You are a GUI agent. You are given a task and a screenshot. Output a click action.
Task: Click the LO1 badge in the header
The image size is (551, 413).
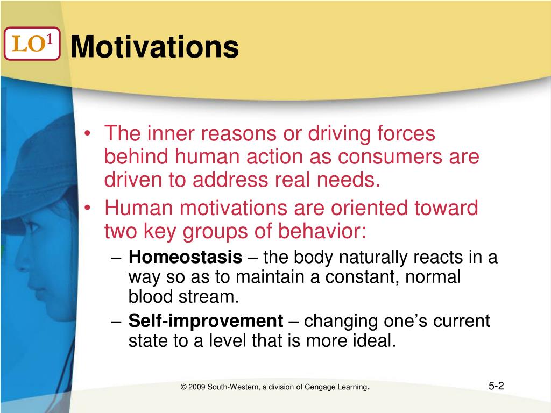pyautogui.click(x=32, y=44)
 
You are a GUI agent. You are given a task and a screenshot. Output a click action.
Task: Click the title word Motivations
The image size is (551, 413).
pyautogui.click(x=154, y=46)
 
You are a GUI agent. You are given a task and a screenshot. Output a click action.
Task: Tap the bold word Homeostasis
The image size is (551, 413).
pyautogui.click(x=185, y=257)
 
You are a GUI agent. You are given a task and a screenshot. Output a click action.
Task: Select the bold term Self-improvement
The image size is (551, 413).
pyautogui.click(x=206, y=321)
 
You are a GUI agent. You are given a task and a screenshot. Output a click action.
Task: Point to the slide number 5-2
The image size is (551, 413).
pyautogui.click(x=496, y=386)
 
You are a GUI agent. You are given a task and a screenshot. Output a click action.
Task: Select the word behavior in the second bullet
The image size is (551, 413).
pyautogui.click(x=322, y=231)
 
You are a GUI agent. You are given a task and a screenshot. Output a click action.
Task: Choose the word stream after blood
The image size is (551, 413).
pyautogui.click(x=209, y=296)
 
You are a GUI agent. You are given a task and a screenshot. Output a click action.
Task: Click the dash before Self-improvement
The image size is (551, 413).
pyautogui.click(x=116, y=322)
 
